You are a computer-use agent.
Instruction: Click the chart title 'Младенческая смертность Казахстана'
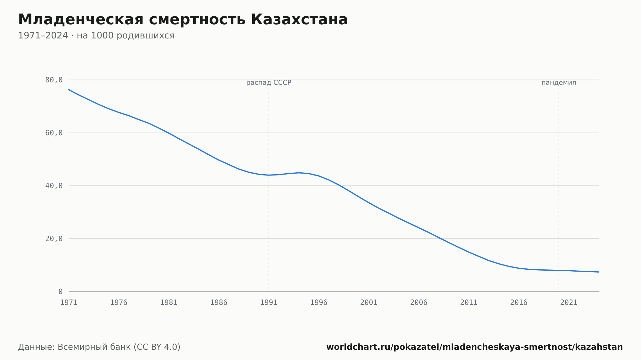183,20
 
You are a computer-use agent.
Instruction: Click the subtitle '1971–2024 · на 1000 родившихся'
96,36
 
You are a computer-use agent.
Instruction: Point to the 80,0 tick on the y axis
54,80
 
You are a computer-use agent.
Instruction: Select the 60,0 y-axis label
54,133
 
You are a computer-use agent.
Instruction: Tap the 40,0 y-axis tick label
54,186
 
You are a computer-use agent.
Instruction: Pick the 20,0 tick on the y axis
54,239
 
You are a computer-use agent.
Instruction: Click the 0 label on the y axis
61,292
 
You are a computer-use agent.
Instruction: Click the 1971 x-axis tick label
69,303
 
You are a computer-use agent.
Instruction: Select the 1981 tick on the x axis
169,303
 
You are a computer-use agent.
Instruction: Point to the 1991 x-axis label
269,303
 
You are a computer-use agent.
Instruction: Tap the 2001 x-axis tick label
369,303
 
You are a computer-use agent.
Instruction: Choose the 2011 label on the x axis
469,303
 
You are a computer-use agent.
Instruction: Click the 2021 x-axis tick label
569,303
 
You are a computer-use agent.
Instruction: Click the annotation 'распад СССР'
269,83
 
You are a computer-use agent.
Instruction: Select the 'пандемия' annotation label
559,83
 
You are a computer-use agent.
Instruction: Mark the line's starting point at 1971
69,90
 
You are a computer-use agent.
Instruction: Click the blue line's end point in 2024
599,272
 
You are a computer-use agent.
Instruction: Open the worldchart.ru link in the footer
475,347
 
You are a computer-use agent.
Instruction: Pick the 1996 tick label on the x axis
319,303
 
